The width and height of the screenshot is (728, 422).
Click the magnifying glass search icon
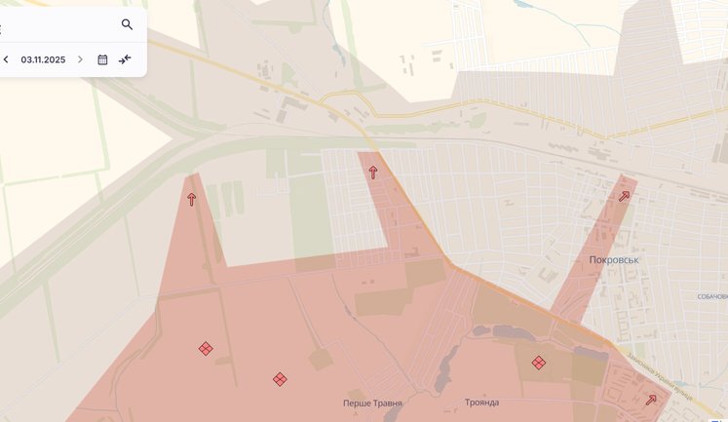coord(127,24)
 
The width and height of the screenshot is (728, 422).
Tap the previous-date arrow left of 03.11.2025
coord(6,59)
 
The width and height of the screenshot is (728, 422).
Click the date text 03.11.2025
coord(43,59)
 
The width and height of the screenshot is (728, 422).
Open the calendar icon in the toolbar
coord(102,59)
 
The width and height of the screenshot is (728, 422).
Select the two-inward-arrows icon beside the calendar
coord(125,59)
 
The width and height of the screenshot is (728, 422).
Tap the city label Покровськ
coord(614,260)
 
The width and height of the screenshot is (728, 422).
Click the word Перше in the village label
coord(357,403)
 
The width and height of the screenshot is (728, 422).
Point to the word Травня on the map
coord(387,403)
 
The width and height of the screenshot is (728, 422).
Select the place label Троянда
coord(482,403)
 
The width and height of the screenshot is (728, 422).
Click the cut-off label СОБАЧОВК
coord(712,296)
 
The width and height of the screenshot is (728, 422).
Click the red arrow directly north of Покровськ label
coord(624,196)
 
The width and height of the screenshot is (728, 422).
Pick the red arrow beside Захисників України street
coord(651,399)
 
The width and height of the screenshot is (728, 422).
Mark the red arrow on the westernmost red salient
coord(191,199)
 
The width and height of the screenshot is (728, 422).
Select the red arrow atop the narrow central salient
coord(372,173)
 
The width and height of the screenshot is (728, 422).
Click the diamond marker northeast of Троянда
coord(538,363)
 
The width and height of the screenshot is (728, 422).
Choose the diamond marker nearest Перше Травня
coord(280,379)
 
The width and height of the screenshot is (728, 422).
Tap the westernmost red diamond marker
coord(206,348)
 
